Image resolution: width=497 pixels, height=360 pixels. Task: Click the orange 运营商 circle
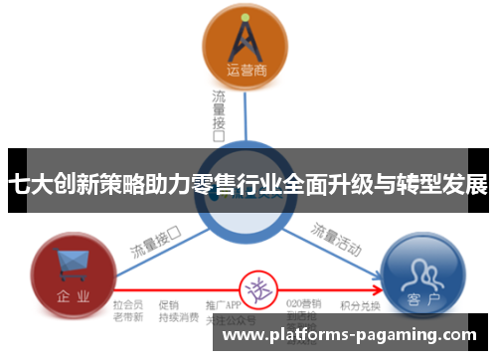pyautogui.click(x=245, y=46)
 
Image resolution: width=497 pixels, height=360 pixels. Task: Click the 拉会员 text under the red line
pyautogui.click(x=128, y=303)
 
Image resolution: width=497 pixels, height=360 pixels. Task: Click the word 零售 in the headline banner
pyautogui.click(x=215, y=185)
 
